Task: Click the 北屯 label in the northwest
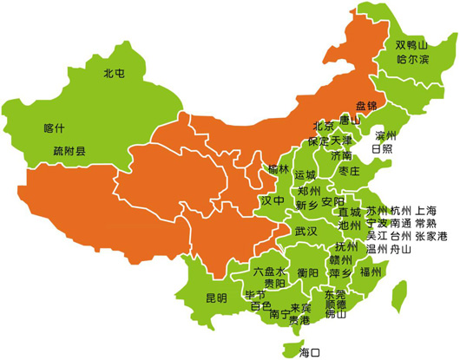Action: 115,74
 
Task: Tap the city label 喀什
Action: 54,128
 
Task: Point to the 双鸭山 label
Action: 412,45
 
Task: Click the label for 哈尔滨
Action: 412,60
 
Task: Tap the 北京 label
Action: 324,124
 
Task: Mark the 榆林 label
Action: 279,167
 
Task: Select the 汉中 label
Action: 273,201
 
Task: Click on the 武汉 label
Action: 306,232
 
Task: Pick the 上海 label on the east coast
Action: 426,211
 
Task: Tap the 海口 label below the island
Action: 309,352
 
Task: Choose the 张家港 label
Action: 430,236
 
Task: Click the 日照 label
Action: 382,149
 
